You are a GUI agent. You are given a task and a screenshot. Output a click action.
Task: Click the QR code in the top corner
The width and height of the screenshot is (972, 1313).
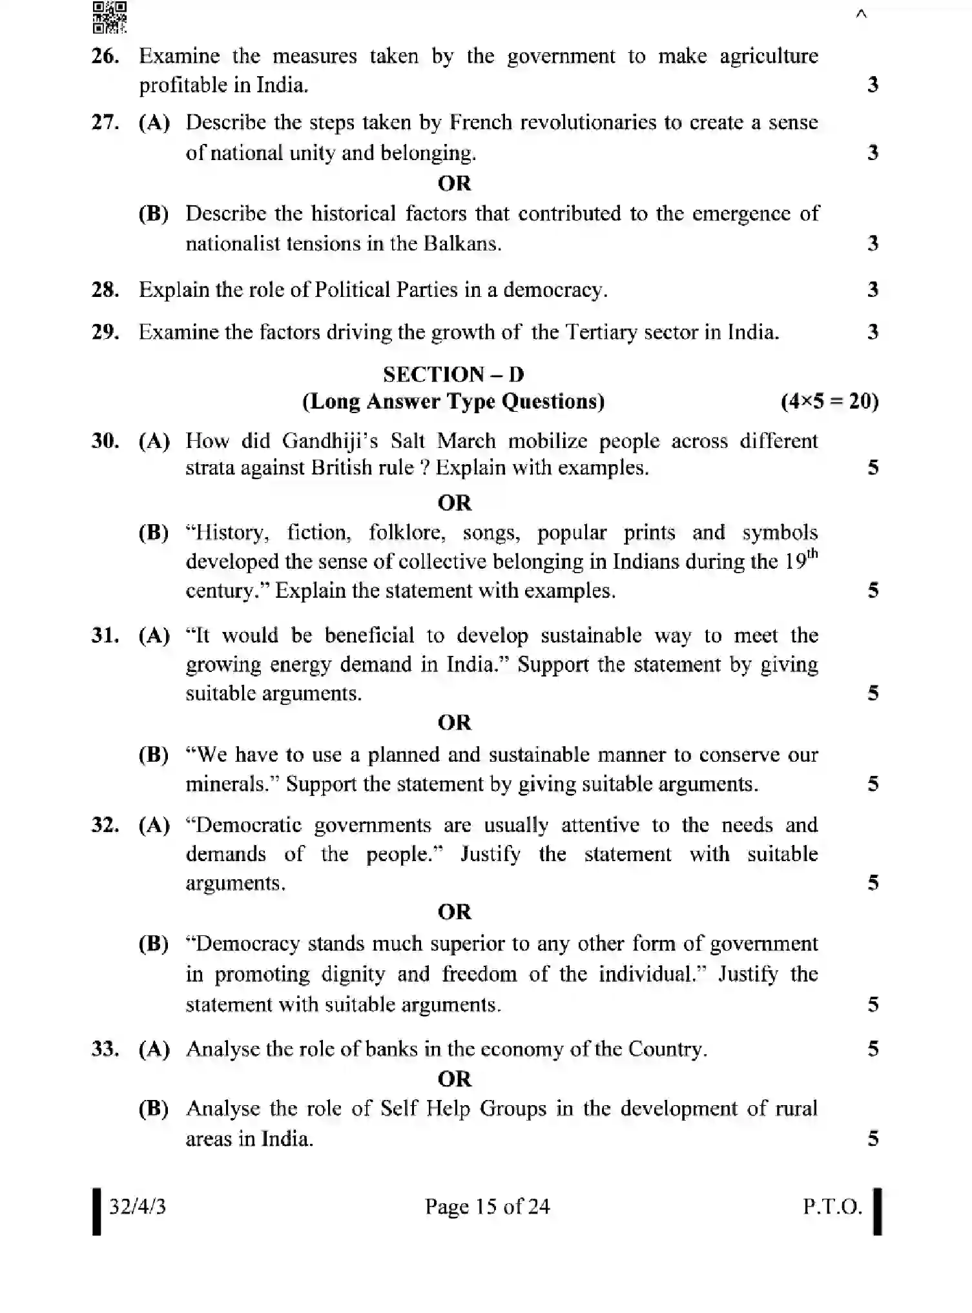(x=110, y=17)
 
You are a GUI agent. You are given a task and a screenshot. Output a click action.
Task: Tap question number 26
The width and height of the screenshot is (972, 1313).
(x=105, y=57)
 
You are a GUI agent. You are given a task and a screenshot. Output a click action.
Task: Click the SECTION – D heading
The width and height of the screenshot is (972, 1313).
(x=453, y=374)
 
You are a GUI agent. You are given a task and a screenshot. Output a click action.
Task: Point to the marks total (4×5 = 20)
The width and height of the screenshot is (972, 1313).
(x=829, y=402)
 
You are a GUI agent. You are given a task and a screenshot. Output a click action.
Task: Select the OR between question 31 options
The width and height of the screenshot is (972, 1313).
(x=455, y=722)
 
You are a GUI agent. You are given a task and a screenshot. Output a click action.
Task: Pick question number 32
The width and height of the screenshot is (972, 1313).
(x=105, y=825)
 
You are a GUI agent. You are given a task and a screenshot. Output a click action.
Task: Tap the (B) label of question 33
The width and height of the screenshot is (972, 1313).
(x=154, y=1109)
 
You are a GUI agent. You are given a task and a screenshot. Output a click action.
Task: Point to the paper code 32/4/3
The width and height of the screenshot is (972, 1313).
(x=137, y=1206)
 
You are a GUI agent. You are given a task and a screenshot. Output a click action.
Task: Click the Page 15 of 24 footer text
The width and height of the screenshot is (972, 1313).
(x=487, y=1206)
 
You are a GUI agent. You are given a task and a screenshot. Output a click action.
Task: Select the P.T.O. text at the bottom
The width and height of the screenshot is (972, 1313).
(x=832, y=1206)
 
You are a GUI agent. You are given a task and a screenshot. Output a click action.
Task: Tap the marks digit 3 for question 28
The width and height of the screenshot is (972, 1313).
(x=873, y=290)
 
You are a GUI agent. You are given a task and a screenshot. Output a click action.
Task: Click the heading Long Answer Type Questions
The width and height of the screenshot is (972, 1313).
(x=453, y=402)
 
